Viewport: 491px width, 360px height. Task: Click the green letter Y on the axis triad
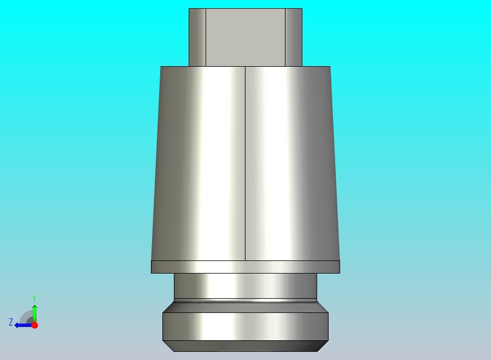(x=34, y=298)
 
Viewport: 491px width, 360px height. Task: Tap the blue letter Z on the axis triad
(x=11, y=322)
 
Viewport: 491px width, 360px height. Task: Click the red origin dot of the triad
(x=35, y=325)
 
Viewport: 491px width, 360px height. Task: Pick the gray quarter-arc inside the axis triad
(x=25, y=315)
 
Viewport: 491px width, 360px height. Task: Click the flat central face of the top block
(x=245, y=37)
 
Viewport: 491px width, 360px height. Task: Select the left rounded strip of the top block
(x=197, y=37)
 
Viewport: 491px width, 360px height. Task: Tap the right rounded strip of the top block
(x=294, y=37)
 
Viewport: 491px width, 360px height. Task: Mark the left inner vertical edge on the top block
(x=206, y=37)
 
